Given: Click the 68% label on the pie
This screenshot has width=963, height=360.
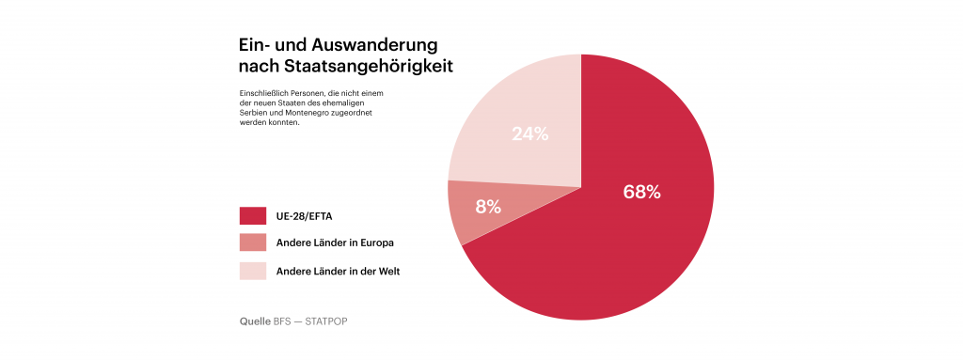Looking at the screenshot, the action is click(x=641, y=193).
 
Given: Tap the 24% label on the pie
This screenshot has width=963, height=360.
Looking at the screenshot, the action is click(x=530, y=133).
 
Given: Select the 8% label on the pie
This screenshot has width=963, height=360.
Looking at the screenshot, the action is click(x=488, y=207).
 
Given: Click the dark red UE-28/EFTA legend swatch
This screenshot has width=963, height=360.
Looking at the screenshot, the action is click(x=252, y=215).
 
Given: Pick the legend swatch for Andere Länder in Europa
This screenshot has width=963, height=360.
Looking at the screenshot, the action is click(x=252, y=243).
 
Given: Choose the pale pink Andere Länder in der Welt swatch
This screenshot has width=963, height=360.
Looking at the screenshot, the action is click(x=252, y=271).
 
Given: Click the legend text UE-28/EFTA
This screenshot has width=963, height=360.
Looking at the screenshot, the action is click(x=303, y=216).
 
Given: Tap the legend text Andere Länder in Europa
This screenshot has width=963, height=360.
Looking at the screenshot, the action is click(x=335, y=243).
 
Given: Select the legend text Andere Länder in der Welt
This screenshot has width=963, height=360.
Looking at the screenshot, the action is click(x=338, y=271).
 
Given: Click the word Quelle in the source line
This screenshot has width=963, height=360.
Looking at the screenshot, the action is click(x=255, y=321).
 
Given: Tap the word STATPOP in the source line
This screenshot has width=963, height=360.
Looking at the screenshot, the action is click(x=326, y=321).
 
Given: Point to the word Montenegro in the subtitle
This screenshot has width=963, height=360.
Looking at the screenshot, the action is click(x=298, y=114).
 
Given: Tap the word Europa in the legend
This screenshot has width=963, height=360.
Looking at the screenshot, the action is click(x=378, y=243).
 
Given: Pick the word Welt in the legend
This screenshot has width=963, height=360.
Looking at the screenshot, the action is click(x=389, y=271).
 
